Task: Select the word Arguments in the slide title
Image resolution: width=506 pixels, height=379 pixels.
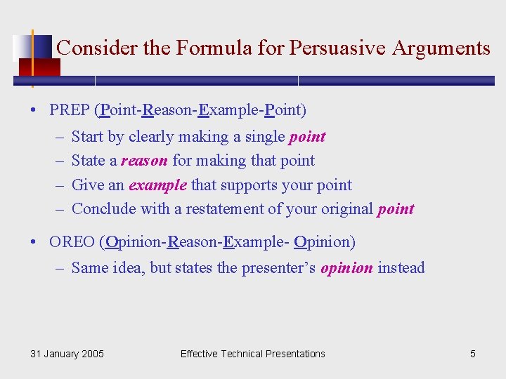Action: point(441,48)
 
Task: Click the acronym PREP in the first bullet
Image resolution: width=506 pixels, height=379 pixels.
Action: point(70,110)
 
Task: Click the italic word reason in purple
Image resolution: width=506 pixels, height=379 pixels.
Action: point(144,161)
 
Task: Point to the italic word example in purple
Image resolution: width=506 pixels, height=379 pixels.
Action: point(157,185)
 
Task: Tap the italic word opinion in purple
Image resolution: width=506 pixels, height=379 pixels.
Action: point(346,267)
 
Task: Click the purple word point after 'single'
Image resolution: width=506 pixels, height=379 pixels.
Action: point(307,136)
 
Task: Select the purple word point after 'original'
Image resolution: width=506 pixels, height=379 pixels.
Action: point(396,209)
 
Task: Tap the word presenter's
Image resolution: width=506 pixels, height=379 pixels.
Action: point(279,267)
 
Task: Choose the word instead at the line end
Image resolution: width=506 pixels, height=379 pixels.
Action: point(401,267)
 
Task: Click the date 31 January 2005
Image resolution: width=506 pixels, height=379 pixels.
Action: point(67,354)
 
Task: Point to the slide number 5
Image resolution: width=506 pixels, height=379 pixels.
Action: point(472,354)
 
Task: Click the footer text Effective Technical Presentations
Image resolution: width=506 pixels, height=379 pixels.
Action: point(252,354)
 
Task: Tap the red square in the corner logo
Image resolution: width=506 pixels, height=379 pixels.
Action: point(39,67)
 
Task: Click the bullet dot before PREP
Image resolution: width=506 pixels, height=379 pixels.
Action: point(34,111)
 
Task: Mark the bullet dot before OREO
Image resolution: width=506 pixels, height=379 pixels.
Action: point(34,243)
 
